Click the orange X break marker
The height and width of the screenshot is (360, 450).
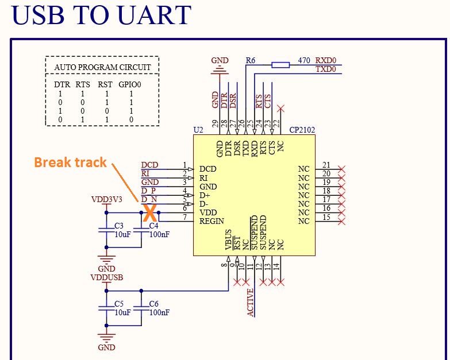(x=149, y=214)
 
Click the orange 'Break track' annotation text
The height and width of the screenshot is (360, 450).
(x=70, y=162)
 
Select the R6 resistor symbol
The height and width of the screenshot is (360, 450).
(x=280, y=64)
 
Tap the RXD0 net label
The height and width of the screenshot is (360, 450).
(x=325, y=60)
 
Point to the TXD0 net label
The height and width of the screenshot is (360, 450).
(x=325, y=69)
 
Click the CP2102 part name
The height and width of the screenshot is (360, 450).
(x=302, y=130)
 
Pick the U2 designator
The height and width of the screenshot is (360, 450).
(x=198, y=130)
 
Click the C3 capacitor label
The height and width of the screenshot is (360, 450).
(x=119, y=225)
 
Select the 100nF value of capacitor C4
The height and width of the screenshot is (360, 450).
(x=159, y=234)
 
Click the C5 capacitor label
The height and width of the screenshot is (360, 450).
(x=119, y=303)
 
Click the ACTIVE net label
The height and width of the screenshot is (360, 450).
(x=251, y=302)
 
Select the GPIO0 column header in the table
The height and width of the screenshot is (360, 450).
(x=130, y=84)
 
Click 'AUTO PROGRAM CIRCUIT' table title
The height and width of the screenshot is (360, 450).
(x=102, y=67)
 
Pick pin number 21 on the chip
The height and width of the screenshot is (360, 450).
(x=326, y=165)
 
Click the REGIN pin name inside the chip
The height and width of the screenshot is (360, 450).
(x=211, y=221)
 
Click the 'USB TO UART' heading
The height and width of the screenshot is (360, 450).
(x=101, y=16)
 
